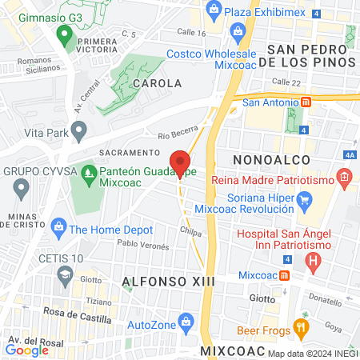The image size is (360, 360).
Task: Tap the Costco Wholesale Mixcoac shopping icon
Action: coord(237,33)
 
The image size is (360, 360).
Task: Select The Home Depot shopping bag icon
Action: coord(58,229)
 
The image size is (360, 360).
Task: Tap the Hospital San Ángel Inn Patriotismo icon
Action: coord(314,260)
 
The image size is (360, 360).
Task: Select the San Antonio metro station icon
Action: coord(306,102)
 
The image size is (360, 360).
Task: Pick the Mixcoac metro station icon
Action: coord(285,274)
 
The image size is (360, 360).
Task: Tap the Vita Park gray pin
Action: coord(78,130)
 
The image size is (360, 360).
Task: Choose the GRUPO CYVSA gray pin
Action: coord(22,188)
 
